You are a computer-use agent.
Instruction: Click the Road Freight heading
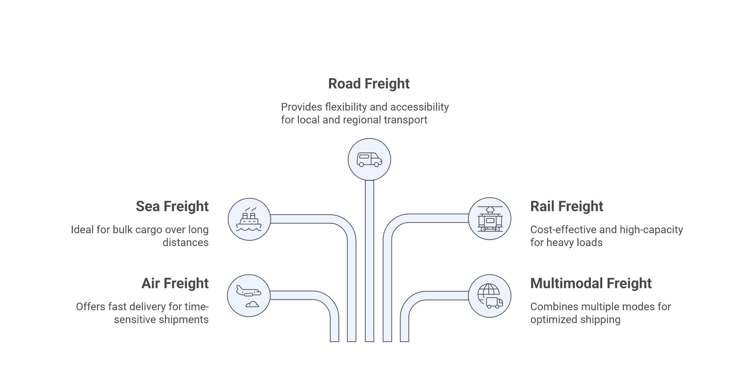point(368,84)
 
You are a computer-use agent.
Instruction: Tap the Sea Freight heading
point(172,206)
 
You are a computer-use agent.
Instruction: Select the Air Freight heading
point(175,284)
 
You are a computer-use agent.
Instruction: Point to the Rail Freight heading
point(567,206)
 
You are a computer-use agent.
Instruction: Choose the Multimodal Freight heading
point(591,284)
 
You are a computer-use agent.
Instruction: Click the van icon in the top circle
point(369,160)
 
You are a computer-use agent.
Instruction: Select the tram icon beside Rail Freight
point(490,219)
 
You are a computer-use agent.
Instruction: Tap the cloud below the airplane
point(252,304)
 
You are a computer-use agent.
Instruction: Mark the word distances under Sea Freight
point(185,242)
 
